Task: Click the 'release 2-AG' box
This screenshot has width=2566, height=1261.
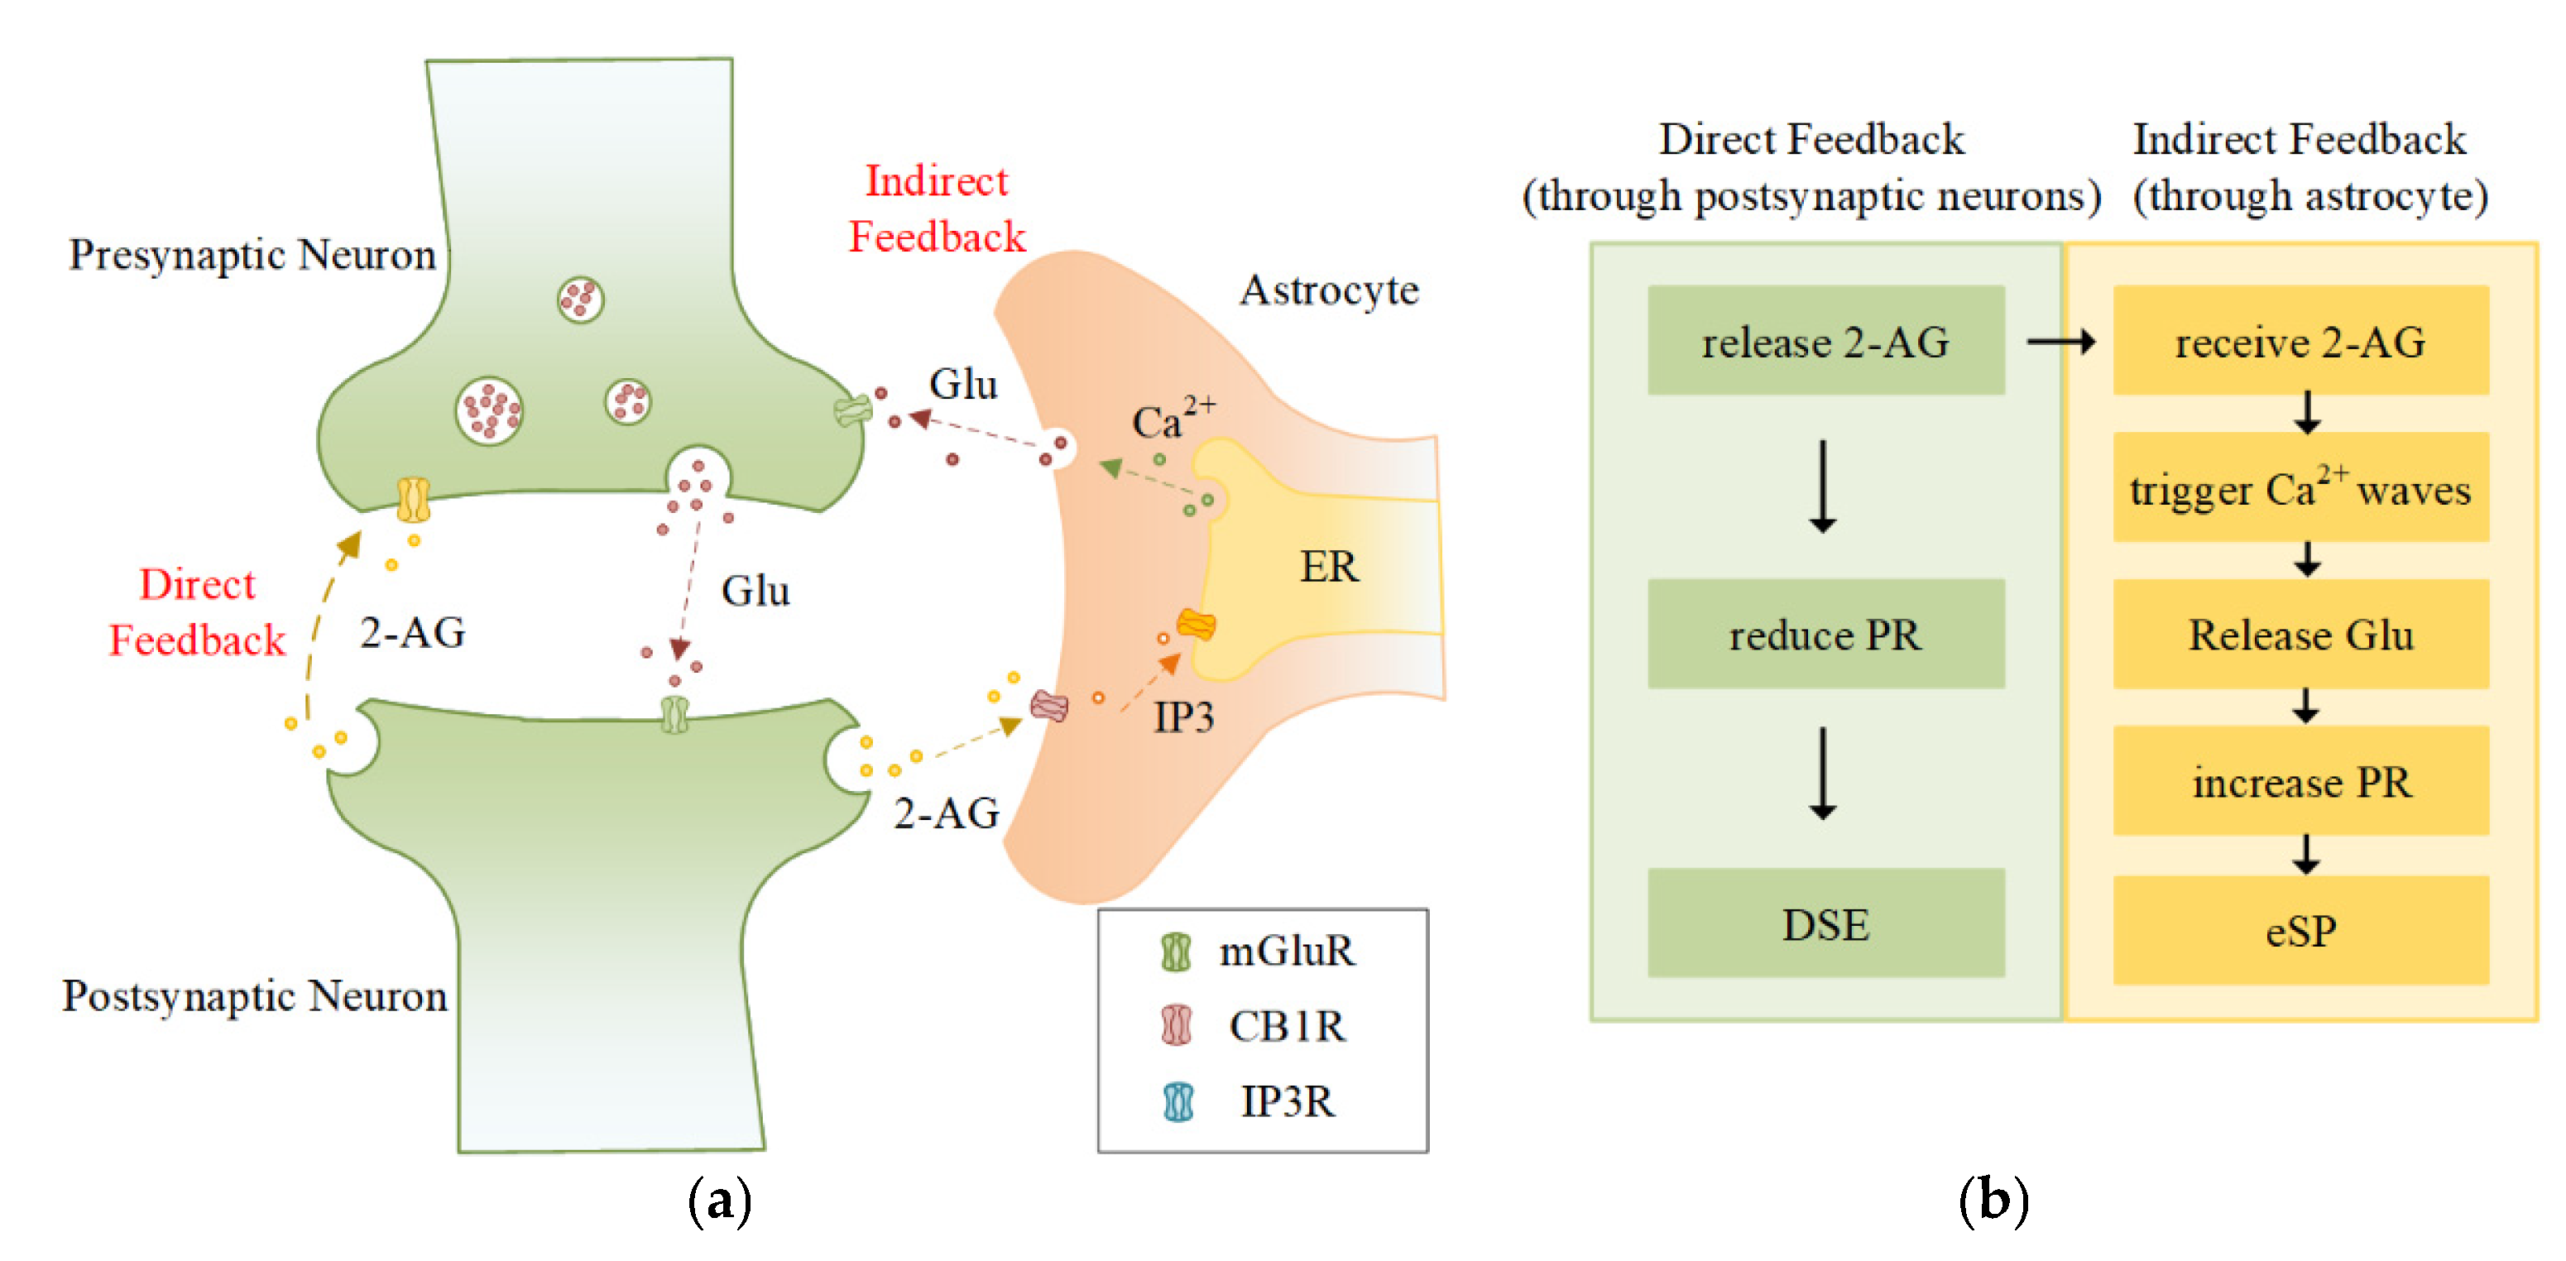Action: [x=1825, y=341]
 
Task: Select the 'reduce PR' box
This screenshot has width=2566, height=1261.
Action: [x=1825, y=634]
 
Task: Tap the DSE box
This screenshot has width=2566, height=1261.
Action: [x=1825, y=923]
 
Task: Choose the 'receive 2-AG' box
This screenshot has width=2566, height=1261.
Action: [x=2300, y=341]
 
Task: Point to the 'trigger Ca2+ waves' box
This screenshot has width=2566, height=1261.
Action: [x=2300, y=487]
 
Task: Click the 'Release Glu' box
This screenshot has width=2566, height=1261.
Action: [x=2300, y=634]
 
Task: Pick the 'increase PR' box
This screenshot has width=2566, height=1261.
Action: [x=2300, y=781]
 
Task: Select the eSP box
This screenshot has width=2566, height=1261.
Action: [x=2300, y=929]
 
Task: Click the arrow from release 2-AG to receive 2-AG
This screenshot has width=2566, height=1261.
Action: [x=2060, y=342]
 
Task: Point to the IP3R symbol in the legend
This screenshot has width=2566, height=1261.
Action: [x=1178, y=1101]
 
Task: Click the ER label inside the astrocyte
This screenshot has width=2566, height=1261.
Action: [x=1328, y=566]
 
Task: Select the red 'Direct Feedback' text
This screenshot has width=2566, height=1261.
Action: [x=197, y=611]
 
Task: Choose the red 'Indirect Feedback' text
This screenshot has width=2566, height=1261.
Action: [x=937, y=209]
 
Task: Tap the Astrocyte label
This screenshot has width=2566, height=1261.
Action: [x=1328, y=290]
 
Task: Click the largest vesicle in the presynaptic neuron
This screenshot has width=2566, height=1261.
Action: [x=488, y=410]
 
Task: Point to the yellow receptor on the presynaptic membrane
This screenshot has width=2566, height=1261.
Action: [x=412, y=499]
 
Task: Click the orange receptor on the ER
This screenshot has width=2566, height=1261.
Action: [x=1196, y=625]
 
